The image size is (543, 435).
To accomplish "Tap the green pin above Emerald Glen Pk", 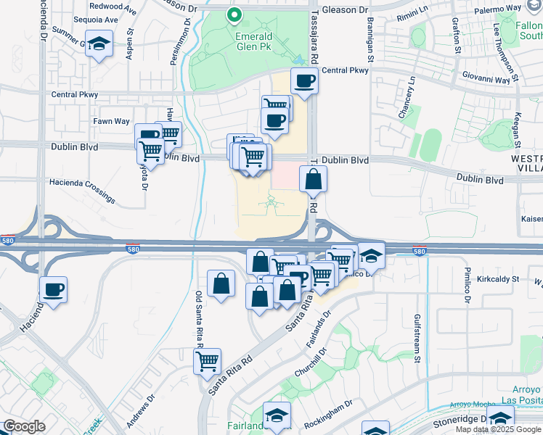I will click(x=234, y=14).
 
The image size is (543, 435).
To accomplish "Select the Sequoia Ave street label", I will click(x=101, y=20).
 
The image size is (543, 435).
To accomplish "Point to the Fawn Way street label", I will click(x=111, y=121).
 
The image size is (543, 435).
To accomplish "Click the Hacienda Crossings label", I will click(x=82, y=189).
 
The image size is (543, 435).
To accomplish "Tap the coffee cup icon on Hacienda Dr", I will click(x=54, y=290).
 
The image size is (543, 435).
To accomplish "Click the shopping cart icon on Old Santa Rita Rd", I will click(x=208, y=360).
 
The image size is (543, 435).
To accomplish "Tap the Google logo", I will click(x=24, y=426).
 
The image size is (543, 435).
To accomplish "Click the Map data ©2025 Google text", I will click(x=497, y=429).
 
